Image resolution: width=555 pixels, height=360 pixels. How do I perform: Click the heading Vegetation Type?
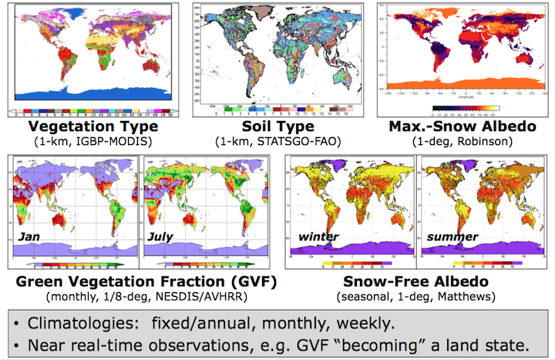(x=90, y=127)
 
